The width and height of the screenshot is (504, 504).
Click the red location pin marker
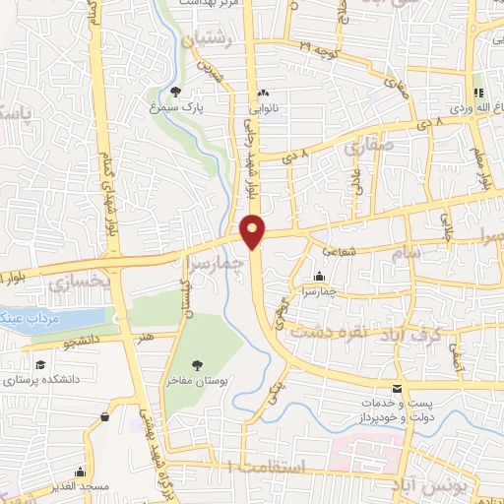point(253,229)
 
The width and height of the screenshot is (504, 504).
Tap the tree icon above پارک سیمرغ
point(175,91)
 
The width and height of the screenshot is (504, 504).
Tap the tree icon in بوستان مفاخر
point(197,364)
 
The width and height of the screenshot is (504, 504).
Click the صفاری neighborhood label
point(366,147)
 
